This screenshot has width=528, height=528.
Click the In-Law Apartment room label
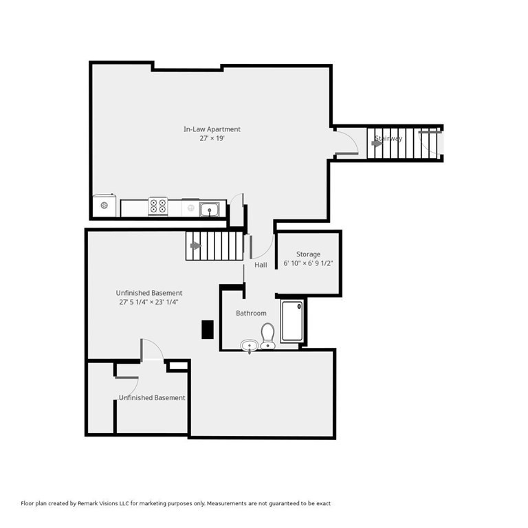[212, 129]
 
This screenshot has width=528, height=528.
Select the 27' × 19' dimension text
[212, 138]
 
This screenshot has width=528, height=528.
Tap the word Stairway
[388, 138]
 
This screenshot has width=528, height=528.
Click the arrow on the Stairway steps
[377, 144]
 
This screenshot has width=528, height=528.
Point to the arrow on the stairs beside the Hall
[196, 246]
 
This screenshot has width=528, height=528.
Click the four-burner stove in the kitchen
[158, 206]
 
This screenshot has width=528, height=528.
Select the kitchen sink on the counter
[209, 210]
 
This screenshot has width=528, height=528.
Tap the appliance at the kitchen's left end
[104, 206]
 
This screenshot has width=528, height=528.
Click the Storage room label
[308, 254]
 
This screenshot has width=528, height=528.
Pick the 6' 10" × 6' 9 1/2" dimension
[308, 263]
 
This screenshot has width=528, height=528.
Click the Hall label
[261, 265]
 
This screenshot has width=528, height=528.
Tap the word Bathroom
[251, 313]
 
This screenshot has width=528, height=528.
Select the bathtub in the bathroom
[292, 321]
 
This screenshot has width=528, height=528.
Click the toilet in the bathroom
[267, 335]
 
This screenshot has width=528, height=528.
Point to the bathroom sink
[249, 346]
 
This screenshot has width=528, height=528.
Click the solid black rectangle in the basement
[208, 329]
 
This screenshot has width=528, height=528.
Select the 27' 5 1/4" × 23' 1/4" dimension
[148, 302]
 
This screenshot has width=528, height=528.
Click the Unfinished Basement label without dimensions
[152, 398]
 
